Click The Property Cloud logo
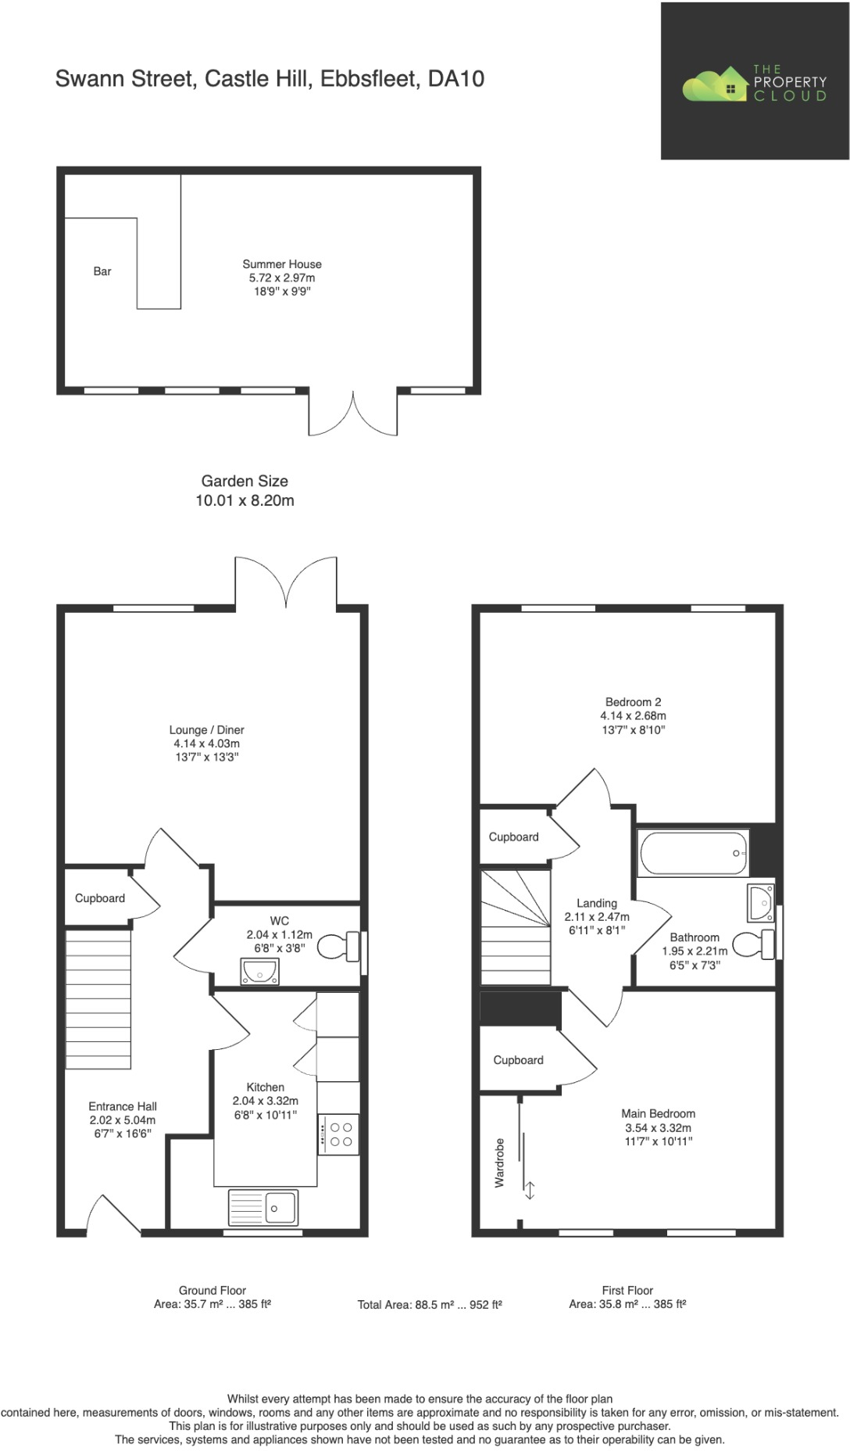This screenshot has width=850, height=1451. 754,82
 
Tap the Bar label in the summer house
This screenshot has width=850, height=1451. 102,271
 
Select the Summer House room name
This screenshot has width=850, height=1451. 281,264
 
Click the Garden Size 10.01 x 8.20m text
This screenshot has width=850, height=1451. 245,491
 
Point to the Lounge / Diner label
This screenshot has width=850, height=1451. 206,729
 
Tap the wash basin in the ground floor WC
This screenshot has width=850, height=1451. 259,972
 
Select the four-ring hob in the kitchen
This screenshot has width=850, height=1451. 339,1134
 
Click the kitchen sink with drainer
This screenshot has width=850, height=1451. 263,1208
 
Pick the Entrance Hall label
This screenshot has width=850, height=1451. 123,1106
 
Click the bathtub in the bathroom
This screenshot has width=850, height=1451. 693,853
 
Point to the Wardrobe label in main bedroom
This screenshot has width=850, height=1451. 499,1163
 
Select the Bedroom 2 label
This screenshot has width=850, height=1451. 633,702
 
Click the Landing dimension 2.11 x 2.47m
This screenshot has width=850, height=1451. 597,917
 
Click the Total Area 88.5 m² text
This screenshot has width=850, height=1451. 430,1305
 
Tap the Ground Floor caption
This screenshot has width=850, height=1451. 212,1291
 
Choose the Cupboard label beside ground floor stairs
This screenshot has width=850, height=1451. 99,898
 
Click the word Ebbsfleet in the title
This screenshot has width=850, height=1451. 370,79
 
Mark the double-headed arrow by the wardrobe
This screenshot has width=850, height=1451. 529,1191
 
